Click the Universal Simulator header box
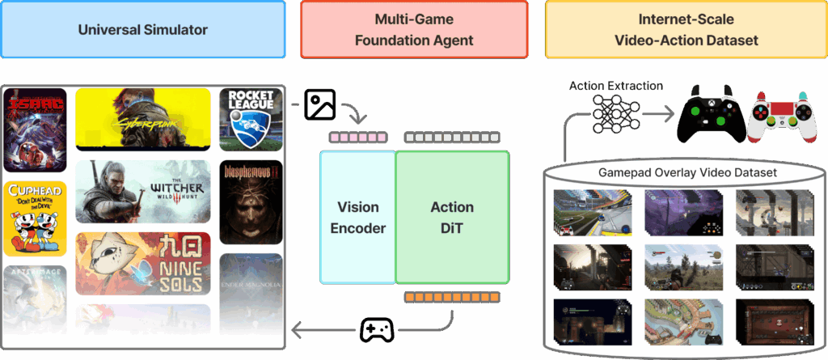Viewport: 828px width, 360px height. pyautogui.click(x=143, y=30)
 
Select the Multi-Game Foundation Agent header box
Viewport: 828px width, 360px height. pyautogui.click(x=414, y=30)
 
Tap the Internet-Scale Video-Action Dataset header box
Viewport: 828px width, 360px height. pyautogui.click(x=686, y=30)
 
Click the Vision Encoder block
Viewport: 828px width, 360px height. pyautogui.click(x=357, y=217)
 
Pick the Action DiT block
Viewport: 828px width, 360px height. pyautogui.click(x=452, y=217)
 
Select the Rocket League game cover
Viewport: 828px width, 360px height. pyautogui.click(x=251, y=119)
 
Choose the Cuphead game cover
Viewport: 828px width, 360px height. pyautogui.click(x=34, y=217)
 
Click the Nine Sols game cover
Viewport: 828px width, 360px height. pyautogui.click(x=143, y=263)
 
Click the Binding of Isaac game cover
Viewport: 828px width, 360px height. pyautogui.click(x=34, y=129)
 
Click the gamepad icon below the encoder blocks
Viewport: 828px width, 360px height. pyautogui.click(x=377, y=329)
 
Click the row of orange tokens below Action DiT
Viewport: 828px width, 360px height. pyautogui.click(x=452, y=297)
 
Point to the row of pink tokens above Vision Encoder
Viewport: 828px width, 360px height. pyautogui.click(x=357, y=138)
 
